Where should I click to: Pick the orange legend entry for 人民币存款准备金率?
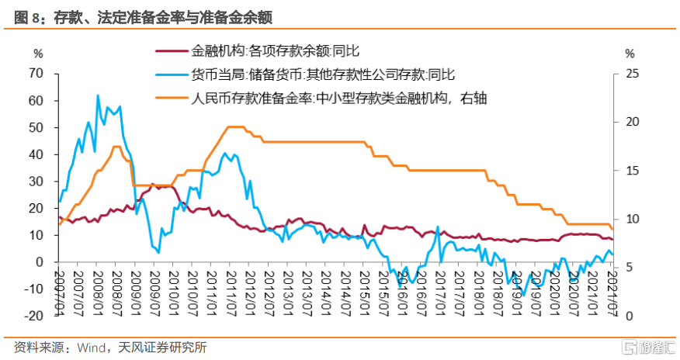(x=342, y=98)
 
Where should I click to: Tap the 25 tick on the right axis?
(x=630, y=74)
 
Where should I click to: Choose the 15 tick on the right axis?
(x=630, y=171)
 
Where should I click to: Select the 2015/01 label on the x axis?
(x=363, y=290)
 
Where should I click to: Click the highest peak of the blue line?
(x=98, y=95)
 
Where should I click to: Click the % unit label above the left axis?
(x=38, y=54)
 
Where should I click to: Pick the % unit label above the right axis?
(x=630, y=54)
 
